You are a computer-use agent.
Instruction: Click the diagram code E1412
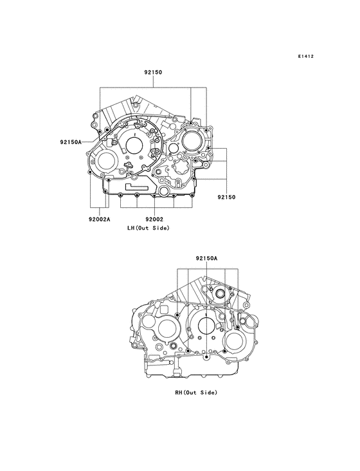(305, 57)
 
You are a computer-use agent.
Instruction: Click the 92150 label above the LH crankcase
(152, 74)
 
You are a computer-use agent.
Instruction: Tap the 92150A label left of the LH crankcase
(71, 141)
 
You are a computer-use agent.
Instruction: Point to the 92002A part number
(100, 219)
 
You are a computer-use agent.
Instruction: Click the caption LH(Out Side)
(148, 228)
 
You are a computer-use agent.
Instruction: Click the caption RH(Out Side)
(197, 392)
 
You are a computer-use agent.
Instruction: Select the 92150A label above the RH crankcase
(207, 257)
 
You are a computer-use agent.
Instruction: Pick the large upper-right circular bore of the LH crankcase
(194, 140)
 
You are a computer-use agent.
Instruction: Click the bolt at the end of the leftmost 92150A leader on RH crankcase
(176, 315)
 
